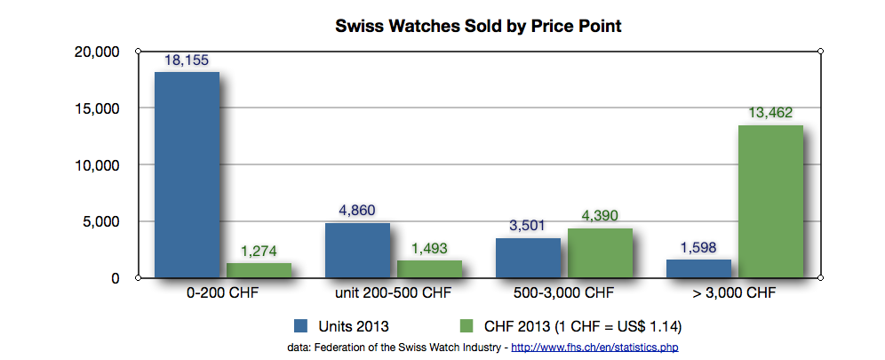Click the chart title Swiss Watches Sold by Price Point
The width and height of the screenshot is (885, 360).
coord(477,26)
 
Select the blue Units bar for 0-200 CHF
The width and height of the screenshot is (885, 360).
coord(187,175)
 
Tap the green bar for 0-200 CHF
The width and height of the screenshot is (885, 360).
coord(259,270)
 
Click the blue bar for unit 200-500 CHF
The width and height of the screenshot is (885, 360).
coord(357,251)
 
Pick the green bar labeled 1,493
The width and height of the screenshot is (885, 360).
coord(429,269)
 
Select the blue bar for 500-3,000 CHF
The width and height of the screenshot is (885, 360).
coord(528,258)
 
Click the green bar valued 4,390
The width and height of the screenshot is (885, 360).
coord(600,253)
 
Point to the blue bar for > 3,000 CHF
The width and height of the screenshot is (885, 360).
coord(698,268)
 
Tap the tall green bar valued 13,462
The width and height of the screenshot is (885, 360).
coord(770,202)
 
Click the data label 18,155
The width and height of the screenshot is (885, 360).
coord(187,60)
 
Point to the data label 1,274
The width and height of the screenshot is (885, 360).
coord(259,252)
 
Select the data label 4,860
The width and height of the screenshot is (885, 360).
coord(357,211)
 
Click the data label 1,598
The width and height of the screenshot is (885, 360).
coord(698,248)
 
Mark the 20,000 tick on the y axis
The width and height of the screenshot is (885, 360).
coord(94,52)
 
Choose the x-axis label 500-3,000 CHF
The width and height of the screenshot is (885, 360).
coord(563,293)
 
